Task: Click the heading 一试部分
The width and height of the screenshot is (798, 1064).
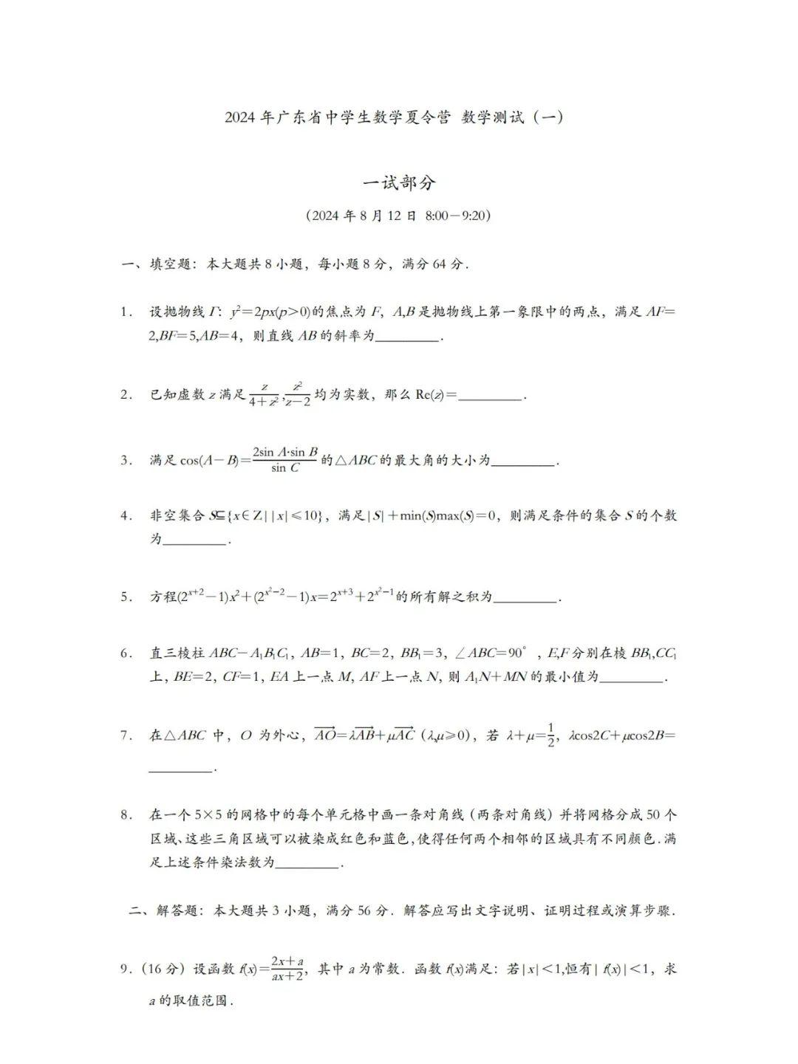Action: pos(399,183)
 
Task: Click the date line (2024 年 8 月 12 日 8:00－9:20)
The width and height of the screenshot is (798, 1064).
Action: pos(398,216)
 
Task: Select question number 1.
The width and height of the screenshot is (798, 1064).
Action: pos(126,312)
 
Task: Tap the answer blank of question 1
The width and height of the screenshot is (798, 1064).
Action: pos(408,338)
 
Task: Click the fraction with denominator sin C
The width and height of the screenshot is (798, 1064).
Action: pos(285,459)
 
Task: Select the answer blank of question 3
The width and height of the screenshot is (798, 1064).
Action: pos(523,463)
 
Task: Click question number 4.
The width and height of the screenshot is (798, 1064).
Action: pos(126,515)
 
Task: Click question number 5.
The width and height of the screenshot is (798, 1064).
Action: pos(126,597)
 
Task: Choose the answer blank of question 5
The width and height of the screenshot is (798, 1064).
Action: pos(525,600)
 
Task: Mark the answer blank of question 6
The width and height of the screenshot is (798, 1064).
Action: pos(631,679)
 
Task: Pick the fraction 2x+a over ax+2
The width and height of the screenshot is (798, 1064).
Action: pos(287,969)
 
